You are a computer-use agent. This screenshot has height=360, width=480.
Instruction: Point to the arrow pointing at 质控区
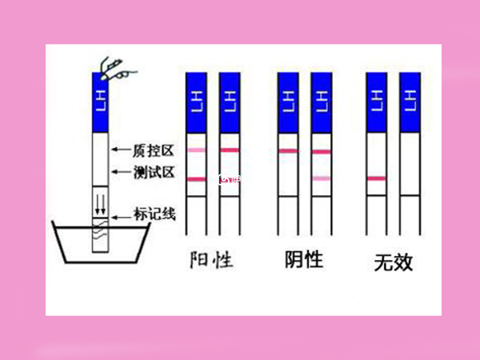[x=119, y=150]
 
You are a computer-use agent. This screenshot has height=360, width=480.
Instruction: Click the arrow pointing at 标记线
[x=121, y=214]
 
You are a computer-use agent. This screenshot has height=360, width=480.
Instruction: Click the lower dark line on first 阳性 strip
[x=196, y=179]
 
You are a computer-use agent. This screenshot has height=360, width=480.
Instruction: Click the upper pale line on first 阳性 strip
[x=196, y=150]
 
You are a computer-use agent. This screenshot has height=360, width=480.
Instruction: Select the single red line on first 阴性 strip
[x=288, y=151]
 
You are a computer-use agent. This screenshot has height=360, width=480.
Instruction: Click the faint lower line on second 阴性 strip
[x=321, y=178]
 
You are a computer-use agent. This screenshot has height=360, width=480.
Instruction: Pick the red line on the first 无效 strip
[x=376, y=178]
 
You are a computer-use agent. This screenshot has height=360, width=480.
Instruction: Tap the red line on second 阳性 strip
[x=230, y=150]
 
